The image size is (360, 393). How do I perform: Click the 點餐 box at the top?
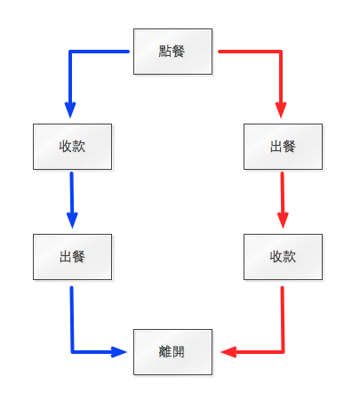coord(172,52)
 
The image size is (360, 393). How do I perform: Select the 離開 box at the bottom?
coord(172,352)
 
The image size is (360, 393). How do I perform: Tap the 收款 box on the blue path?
coord(72,147)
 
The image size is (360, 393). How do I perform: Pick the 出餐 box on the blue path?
coord(72,257)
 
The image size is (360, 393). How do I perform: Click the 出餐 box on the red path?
coord(283,147)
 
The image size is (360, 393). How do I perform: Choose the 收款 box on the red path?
coord(283,257)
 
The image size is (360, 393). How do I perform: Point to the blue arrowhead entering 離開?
coord(119,352)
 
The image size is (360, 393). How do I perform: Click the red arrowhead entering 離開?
coord(228,352)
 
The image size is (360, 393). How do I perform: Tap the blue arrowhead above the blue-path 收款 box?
coord(70,110)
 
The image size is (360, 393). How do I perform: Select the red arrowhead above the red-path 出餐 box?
coord(281,110)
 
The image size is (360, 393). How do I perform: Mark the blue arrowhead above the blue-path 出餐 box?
coord(72,221)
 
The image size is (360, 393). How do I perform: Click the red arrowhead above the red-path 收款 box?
coord(283,221)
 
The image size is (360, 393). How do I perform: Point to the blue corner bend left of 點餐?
coord(70,52)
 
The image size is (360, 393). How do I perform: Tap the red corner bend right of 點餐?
coord(281,52)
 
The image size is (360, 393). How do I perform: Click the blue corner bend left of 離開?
coord(72,352)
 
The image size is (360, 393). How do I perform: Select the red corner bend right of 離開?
coord(283,352)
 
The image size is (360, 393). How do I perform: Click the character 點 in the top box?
coord(165,51)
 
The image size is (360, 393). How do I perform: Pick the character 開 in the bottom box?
coord(179,352)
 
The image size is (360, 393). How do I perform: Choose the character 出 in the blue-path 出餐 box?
coord(65,257)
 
